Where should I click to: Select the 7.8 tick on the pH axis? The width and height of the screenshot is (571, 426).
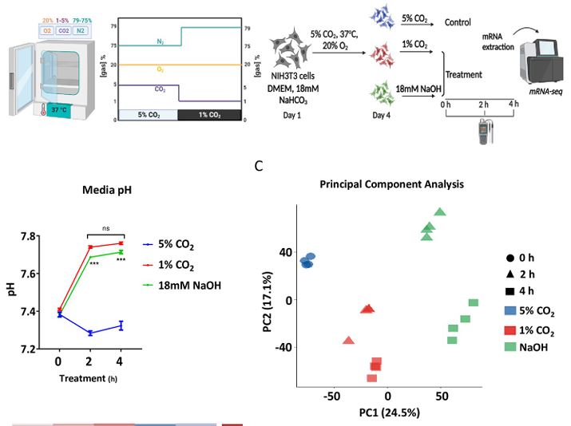click(x=30, y=237)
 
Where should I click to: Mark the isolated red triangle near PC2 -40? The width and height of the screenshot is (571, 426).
click(x=348, y=341)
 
